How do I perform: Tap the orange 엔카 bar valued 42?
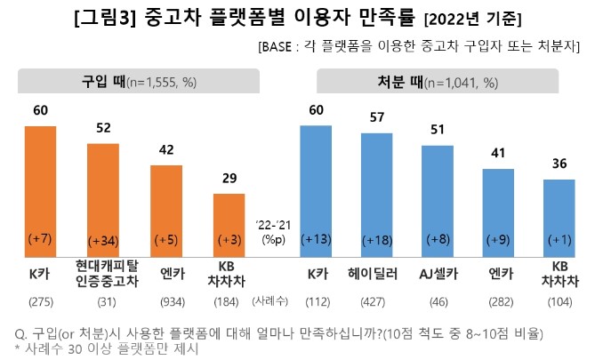click(166, 210)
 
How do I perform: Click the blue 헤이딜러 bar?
click(376, 192)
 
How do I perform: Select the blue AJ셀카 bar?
click(437, 199)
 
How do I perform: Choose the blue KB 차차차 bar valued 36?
click(559, 217)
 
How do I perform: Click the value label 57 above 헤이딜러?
click(376, 118)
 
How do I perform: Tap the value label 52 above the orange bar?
click(103, 128)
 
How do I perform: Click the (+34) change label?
click(103, 241)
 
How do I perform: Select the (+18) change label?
click(376, 241)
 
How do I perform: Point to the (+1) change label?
click(559, 240)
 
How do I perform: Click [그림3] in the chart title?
click(108, 17)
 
